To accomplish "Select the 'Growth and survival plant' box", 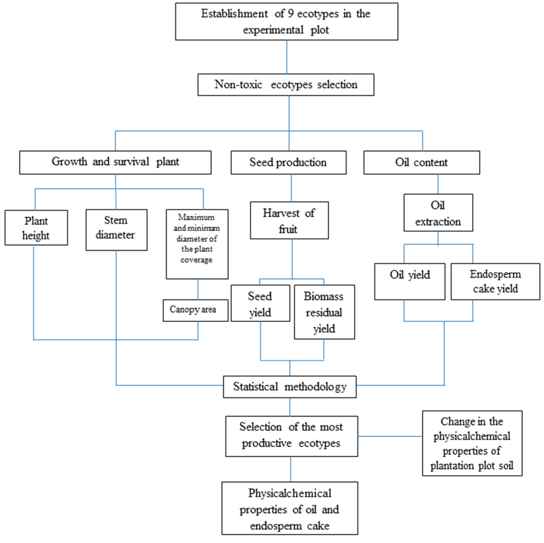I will point(115,162).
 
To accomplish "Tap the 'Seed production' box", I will point(288,162).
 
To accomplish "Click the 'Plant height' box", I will point(36,228).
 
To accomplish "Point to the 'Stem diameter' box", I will point(116,230).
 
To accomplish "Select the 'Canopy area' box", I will point(195,310).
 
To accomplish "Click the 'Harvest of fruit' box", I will point(289,220).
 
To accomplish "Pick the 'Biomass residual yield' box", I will point(324,312).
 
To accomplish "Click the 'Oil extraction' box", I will point(438,213).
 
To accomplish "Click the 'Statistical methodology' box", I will point(290,387).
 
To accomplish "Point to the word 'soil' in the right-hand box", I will point(506,465).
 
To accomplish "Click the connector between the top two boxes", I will point(287,57).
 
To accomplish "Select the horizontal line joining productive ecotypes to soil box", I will point(390,436).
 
